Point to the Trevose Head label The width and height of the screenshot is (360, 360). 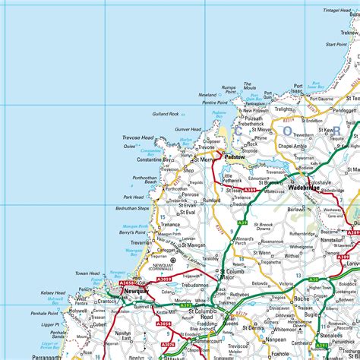tap(137, 137)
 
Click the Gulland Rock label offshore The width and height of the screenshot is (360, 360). tap(165, 115)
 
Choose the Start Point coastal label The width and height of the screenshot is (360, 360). tap(336, 44)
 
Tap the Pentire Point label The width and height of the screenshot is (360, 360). tap(215, 102)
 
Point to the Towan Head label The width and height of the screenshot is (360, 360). tap(87, 273)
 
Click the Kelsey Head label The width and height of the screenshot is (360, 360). tap(53, 292)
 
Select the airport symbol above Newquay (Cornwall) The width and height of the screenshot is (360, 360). tap(172, 260)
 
